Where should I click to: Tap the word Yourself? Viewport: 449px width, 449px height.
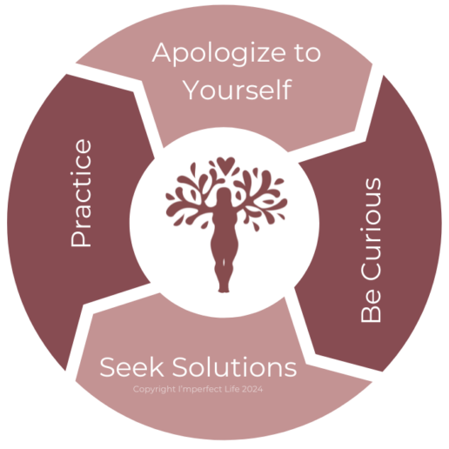[x=238, y=90]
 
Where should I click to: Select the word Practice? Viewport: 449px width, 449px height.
[x=81, y=193]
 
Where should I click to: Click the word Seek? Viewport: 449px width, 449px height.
[x=131, y=366]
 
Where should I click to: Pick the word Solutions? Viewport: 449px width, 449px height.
[x=235, y=366]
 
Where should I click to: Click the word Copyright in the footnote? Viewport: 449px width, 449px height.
[x=154, y=389]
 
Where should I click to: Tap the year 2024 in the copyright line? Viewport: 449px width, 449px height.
[x=252, y=389]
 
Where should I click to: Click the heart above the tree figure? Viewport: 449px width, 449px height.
[x=225, y=164]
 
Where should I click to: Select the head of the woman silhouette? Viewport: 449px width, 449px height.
[x=224, y=194]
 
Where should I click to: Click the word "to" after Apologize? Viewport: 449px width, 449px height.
[x=308, y=53]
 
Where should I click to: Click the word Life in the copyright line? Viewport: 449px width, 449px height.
[x=232, y=389]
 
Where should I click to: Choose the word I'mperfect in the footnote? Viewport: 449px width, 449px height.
[x=200, y=389]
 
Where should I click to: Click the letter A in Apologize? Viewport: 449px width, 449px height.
[x=162, y=52]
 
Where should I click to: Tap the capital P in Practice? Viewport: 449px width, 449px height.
[x=81, y=238]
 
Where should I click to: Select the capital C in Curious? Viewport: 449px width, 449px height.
[x=371, y=271]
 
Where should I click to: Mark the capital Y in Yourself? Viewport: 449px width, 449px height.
[x=193, y=90]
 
